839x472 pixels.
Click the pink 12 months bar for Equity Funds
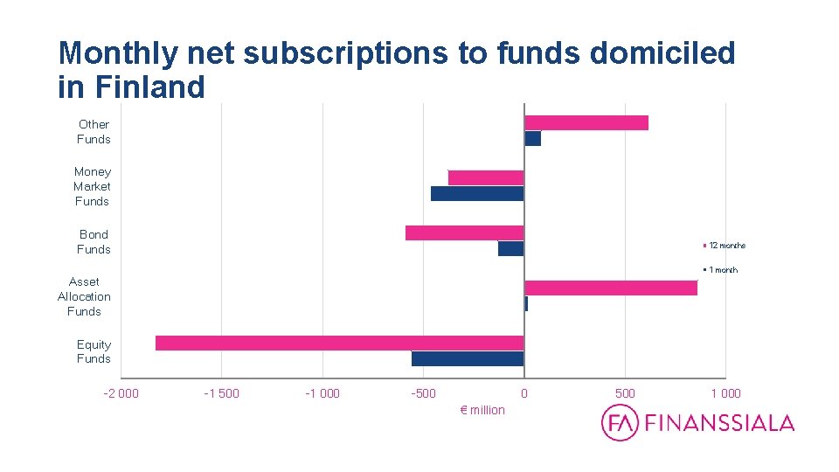tap(339, 343)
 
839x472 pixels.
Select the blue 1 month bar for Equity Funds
tap(468, 358)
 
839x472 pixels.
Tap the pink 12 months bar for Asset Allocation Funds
tap(610, 288)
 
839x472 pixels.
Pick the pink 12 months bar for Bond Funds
tap(464, 233)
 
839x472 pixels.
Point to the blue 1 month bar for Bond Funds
tap(510, 248)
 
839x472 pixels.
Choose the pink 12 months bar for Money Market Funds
tap(485, 177)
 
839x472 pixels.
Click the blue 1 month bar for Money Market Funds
tap(476, 193)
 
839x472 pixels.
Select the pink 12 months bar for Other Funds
tap(586, 122)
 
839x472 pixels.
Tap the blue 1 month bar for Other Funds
tap(532, 138)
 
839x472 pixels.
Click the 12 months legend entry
tap(725, 246)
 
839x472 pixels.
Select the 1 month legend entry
tap(722, 269)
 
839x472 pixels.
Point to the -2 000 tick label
tap(121, 393)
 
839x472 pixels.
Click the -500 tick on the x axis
tap(423, 393)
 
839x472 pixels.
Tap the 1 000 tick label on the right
tap(725, 393)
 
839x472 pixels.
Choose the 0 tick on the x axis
tap(524, 393)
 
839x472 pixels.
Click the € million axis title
tap(482, 410)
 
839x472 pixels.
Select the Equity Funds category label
tap(94, 351)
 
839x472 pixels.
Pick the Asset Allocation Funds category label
tap(84, 296)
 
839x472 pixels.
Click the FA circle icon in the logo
tap(620, 423)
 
